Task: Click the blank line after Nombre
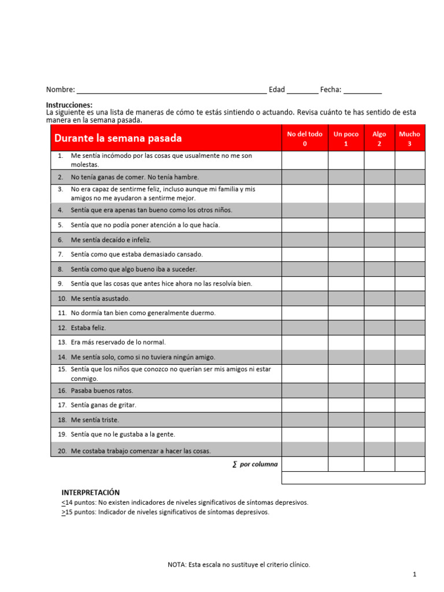pyautogui.click(x=172, y=91)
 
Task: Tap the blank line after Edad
pyautogui.click(x=302, y=91)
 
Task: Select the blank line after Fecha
pyautogui.click(x=362, y=91)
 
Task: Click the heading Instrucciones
pyautogui.click(x=69, y=105)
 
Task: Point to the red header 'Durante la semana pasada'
pyautogui.click(x=118, y=138)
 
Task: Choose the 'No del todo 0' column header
pyautogui.click(x=305, y=138)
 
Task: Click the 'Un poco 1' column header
pyautogui.click(x=346, y=138)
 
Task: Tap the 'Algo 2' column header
pyautogui.click(x=379, y=138)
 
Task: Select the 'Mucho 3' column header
pyautogui.click(x=409, y=138)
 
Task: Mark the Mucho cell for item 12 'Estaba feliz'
pyautogui.click(x=409, y=328)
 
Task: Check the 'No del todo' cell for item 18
pyautogui.click(x=305, y=420)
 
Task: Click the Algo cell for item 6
pyautogui.click(x=379, y=239)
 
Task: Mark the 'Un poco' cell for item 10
pyautogui.click(x=346, y=298)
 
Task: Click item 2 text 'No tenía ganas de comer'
pyautogui.click(x=135, y=177)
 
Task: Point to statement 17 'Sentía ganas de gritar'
pyautogui.click(x=103, y=405)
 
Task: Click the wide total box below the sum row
pyautogui.click(x=353, y=478)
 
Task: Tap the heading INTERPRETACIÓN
pyautogui.click(x=91, y=493)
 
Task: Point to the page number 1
pyautogui.click(x=415, y=574)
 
